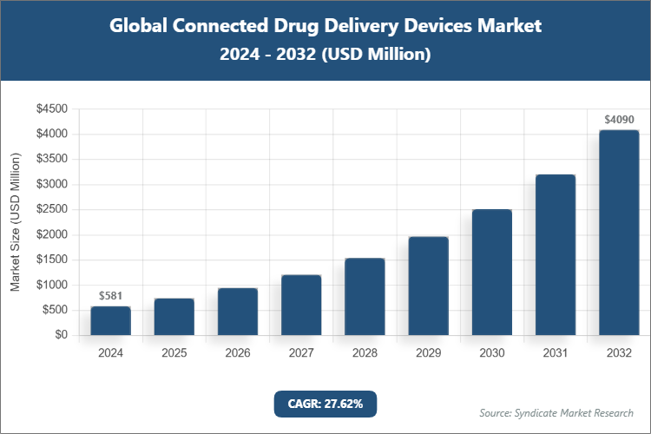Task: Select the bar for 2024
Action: point(110,320)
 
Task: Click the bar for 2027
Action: point(301,305)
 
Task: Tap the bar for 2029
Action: point(428,286)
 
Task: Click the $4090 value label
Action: point(619,119)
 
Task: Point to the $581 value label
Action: point(110,296)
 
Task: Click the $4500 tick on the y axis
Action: point(52,109)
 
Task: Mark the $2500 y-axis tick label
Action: point(52,209)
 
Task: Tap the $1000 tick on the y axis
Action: point(52,285)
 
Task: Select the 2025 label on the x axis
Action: point(174,353)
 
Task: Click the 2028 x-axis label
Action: point(365,353)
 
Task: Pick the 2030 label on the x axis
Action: point(492,353)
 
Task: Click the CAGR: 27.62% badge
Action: point(325,404)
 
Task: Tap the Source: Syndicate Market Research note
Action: point(556,412)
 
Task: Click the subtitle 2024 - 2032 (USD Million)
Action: point(325,55)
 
